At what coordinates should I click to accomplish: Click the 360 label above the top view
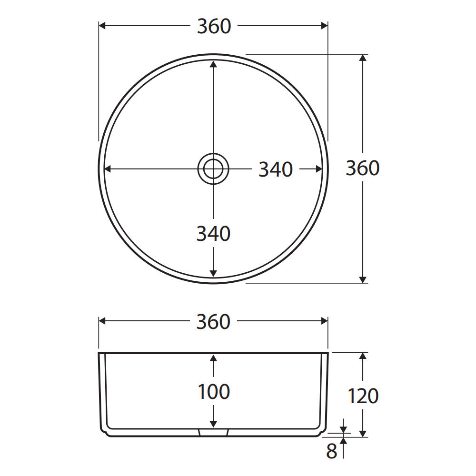pyautogui.click(x=214, y=26)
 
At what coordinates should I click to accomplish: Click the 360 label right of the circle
pyautogui.click(x=363, y=168)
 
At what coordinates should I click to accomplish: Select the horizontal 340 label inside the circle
pyautogui.click(x=276, y=169)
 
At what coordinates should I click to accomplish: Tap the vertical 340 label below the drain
pyautogui.click(x=213, y=234)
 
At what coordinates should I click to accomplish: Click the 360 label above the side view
pyautogui.click(x=213, y=322)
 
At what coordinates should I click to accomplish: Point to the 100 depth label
pyautogui.click(x=214, y=392)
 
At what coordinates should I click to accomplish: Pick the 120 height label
pyautogui.click(x=363, y=396)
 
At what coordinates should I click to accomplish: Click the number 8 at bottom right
pyautogui.click(x=331, y=451)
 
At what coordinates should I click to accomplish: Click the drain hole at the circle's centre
pyautogui.click(x=213, y=169)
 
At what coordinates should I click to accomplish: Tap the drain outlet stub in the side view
pyautogui.click(x=213, y=432)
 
